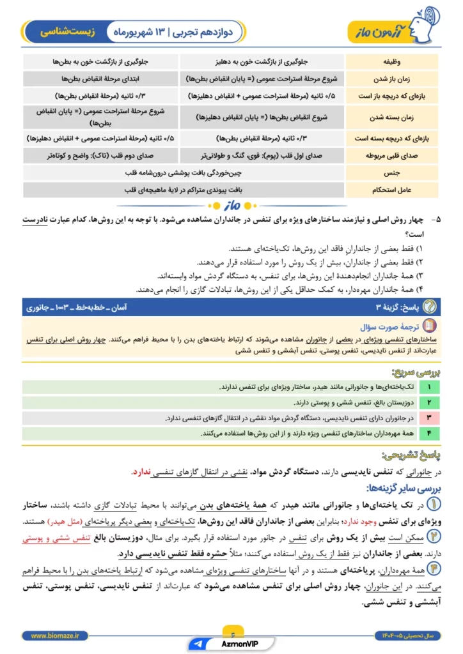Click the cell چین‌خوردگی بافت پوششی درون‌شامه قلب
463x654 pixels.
184,172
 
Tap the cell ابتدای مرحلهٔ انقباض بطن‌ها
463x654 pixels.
100,79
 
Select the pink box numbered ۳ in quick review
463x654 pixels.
429,418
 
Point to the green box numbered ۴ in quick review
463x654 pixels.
429,434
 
